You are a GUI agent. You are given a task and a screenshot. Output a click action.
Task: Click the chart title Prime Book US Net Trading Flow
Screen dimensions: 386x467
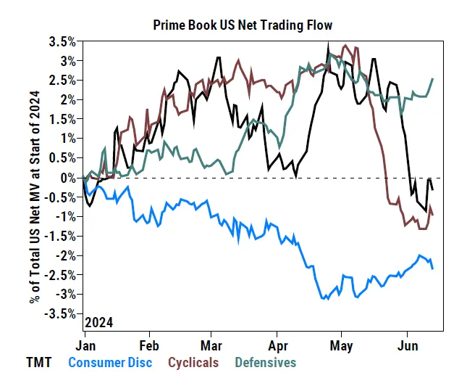pos(243,25)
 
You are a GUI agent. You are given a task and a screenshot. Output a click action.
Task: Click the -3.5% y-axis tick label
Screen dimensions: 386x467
pos(64,314)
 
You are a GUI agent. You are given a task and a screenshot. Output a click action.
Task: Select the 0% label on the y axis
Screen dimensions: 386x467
pos(70,178)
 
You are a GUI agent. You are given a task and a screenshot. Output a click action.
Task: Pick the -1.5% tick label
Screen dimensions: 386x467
pos(64,236)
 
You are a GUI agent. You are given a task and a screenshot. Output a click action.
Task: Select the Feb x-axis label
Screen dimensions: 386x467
pos(148,345)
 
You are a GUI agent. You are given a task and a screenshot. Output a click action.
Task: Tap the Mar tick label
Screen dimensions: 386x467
pos(211,345)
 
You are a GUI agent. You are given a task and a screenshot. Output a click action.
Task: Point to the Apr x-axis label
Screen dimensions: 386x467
pos(277,345)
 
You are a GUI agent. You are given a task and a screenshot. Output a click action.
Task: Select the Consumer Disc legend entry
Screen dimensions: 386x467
pos(111,362)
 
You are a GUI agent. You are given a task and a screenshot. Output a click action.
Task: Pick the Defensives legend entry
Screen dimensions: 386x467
pos(266,362)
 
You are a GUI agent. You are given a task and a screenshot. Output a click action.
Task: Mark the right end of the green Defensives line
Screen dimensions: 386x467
pos(433,78)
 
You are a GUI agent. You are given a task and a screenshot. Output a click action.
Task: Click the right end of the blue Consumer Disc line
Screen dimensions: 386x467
pos(433,269)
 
